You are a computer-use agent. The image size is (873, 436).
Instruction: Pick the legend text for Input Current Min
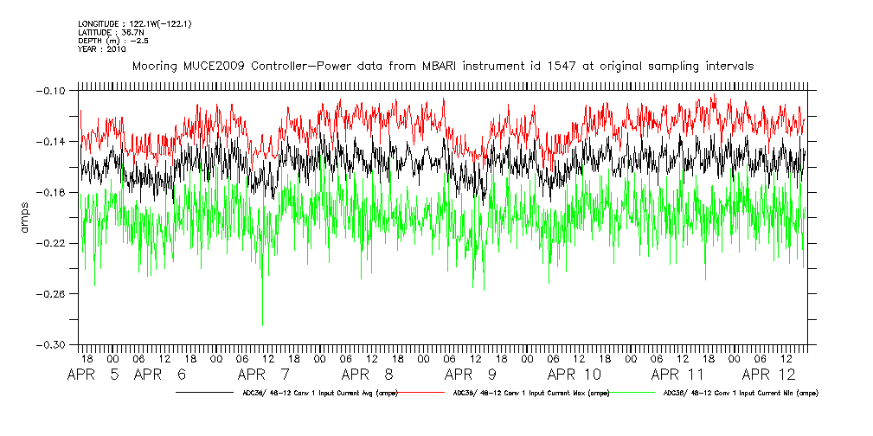(x=741, y=393)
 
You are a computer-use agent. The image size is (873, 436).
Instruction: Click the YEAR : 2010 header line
(x=102, y=49)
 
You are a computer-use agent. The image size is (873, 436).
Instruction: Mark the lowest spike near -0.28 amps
(x=262, y=324)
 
